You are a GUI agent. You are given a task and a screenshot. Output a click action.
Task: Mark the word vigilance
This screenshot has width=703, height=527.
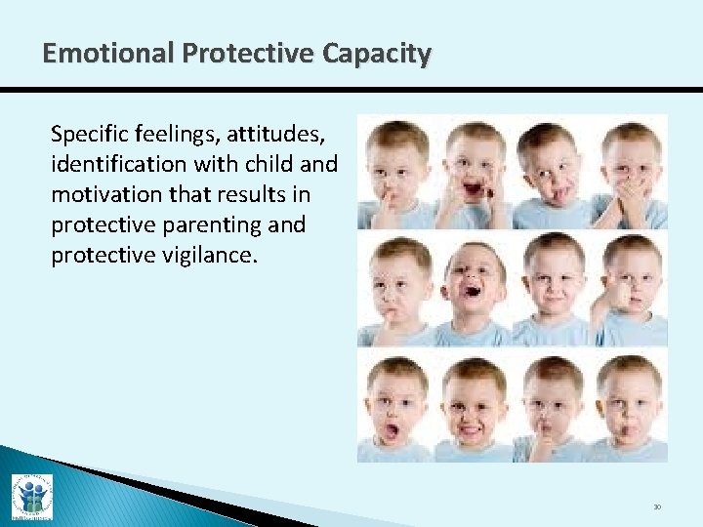[204, 255]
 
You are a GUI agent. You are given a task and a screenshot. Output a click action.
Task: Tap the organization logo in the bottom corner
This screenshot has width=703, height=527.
[31, 496]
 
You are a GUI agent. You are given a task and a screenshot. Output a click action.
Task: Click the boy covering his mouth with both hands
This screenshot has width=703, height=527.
[630, 171]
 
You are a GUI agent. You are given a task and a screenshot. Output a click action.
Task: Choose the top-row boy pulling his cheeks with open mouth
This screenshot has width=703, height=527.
[474, 171]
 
